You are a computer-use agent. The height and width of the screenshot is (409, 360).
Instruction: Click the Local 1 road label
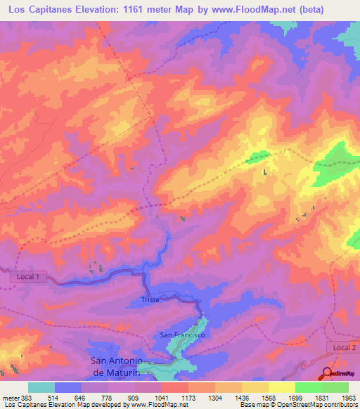[29, 277]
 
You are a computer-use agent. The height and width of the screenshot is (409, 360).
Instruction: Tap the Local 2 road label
[342, 348]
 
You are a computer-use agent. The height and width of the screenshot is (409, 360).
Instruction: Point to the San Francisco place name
[182, 335]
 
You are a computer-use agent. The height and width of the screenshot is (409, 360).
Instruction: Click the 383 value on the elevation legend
[25, 397]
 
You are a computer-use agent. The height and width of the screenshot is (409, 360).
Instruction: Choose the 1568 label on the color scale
[268, 397]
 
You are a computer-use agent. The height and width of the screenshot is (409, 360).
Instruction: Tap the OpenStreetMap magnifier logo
[328, 373]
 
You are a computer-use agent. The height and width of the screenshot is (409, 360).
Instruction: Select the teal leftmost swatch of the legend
[41, 387]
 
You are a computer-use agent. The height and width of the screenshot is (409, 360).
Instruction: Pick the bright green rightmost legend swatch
[335, 387]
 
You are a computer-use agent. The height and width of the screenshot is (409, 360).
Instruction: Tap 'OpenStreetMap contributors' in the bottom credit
[314, 405]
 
